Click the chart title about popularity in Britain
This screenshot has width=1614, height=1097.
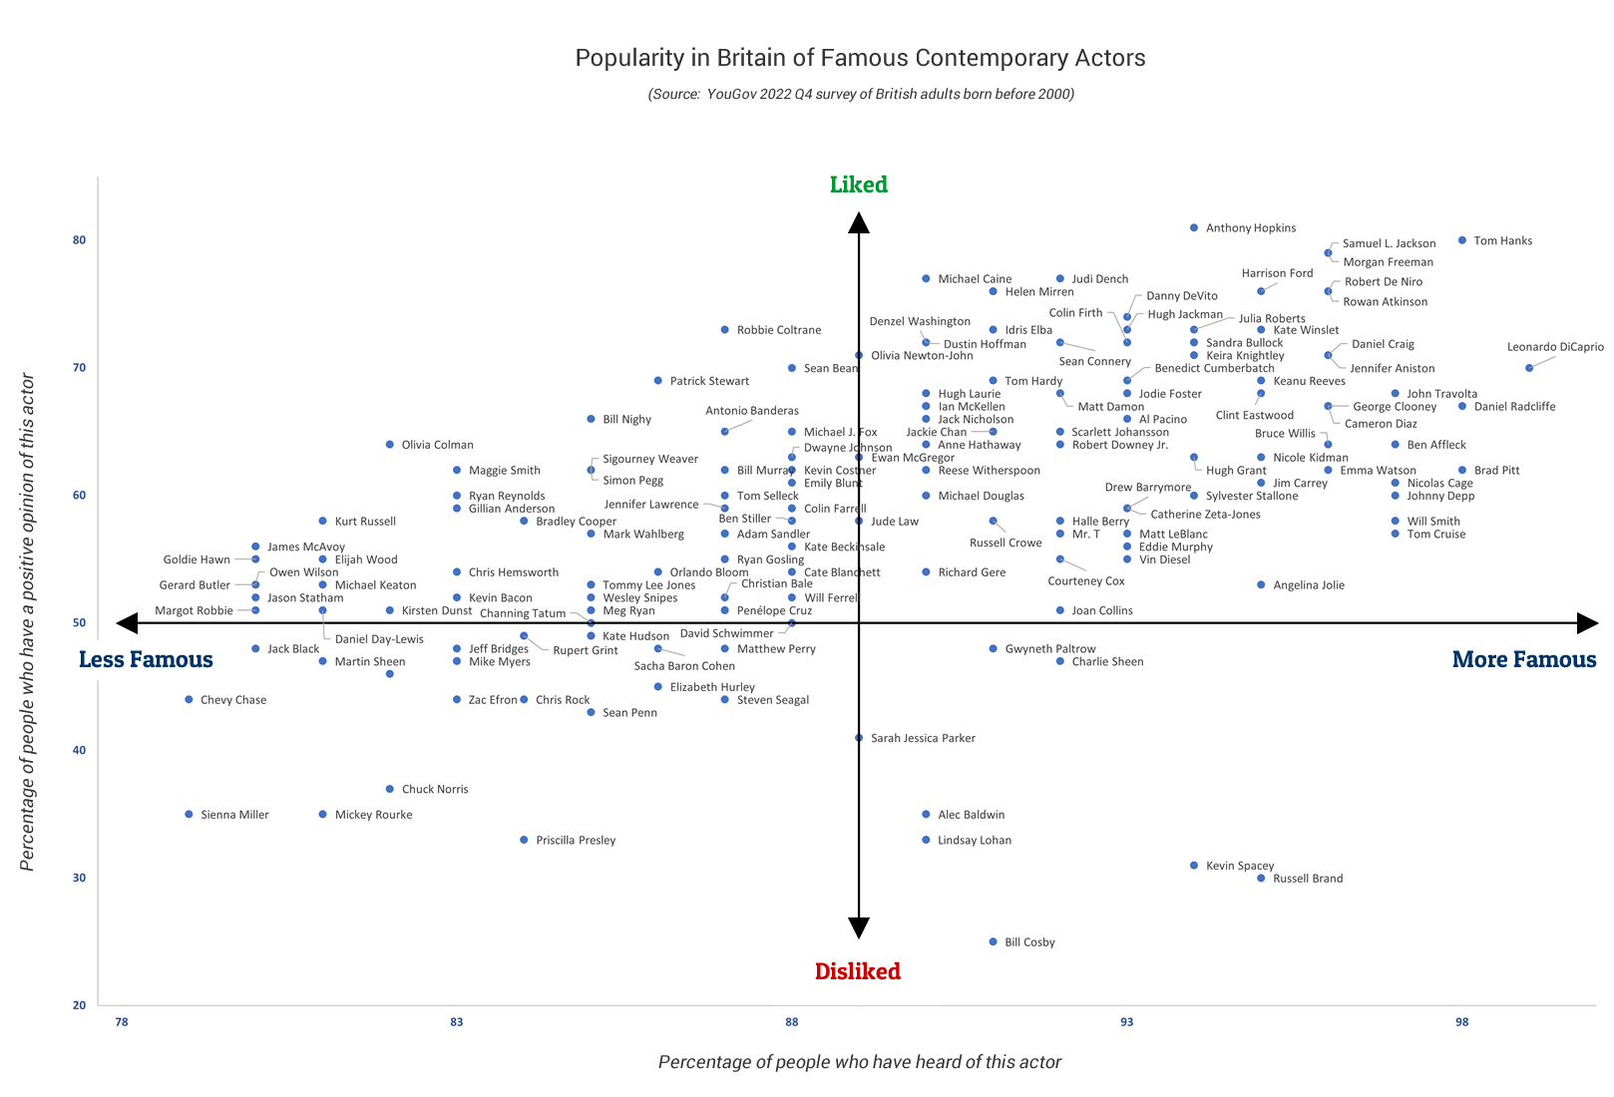(860, 58)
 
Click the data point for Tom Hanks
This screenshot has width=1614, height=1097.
(1462, 240)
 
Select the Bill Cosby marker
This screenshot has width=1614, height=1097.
(993, 941)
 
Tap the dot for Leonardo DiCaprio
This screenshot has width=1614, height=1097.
(1529, 368)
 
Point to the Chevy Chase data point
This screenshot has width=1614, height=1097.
(189, 700)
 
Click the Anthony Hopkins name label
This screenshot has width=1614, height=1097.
(1251, 228)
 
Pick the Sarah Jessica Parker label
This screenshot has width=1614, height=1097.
(923, 739)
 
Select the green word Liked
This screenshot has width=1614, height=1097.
(859, 184)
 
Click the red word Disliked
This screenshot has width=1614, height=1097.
(858, 971)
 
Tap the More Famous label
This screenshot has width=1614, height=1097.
(1524, 659)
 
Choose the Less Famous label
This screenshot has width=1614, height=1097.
(146, 659)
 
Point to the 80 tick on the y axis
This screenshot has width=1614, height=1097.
(79, 240)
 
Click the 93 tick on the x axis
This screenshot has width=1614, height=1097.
(1127, 1022)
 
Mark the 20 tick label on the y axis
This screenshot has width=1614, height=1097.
(79, 1005)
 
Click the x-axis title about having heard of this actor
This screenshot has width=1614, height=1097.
(860, 1062)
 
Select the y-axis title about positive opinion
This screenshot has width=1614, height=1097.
(28, 622)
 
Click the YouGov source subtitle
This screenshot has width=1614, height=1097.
(860, 95)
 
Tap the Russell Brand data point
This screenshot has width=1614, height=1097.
(1261, 879)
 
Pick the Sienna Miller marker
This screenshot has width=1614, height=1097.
(189, 815)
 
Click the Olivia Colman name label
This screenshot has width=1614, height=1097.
(437, 445)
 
